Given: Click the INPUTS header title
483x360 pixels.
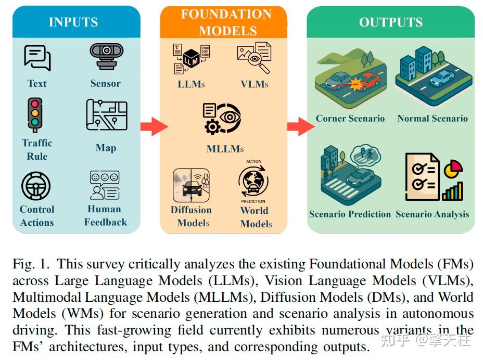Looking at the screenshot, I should coord(73,22).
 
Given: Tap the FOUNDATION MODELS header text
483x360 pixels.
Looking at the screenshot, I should coord(226,22).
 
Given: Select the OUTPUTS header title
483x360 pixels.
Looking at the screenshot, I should coord(390,22).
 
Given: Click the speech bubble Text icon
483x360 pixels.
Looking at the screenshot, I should coord(37,58).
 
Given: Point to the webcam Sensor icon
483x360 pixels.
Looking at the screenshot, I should coord(106,56).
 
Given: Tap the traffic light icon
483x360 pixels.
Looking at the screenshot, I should coord(35,114).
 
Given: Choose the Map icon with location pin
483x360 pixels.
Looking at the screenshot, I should coord(106,115).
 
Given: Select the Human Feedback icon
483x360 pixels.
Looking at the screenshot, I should coord(105,185).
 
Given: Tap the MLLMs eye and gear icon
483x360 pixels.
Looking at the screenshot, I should coord(222,119).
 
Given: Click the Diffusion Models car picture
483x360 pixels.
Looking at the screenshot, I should coord(191,185).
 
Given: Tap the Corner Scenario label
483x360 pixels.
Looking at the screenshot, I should coord(350,119).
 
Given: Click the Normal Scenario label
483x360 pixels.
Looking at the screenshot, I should coord(433,119).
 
